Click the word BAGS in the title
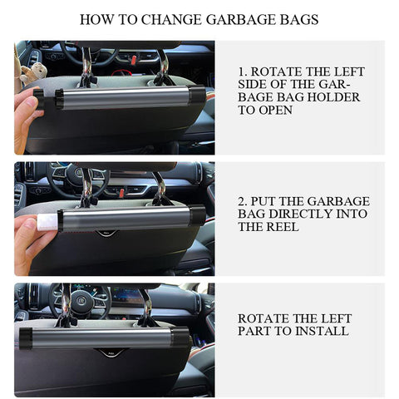click(298, 19)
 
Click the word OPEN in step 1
click(276, 110)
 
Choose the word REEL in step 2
click(283, 227)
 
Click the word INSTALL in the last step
click(322, 332)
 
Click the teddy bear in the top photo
click(34, 73)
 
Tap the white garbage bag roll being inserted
click(48, 222)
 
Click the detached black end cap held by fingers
click(39, 99)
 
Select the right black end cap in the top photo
click(196, 97)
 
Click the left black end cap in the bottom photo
click(26, 337)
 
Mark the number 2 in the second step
click(241, 201)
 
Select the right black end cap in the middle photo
click(197, 216)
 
